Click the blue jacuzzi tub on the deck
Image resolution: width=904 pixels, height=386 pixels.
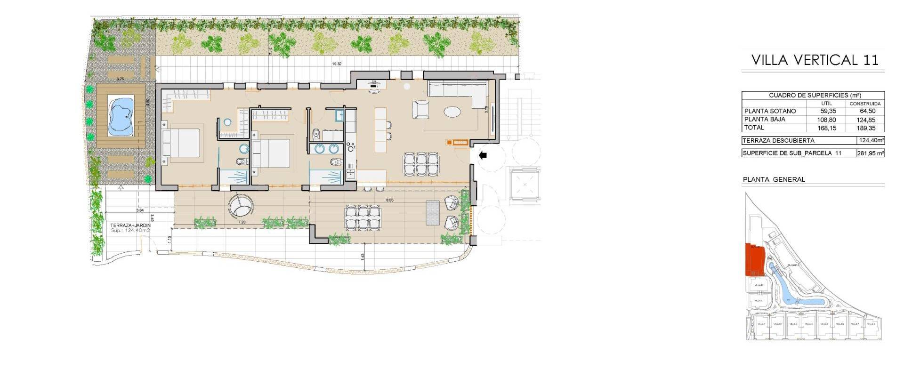[x=121, y=116]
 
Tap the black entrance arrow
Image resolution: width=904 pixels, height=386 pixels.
[x=483, y=155]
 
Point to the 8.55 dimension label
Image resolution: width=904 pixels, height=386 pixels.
[x=389, y=200]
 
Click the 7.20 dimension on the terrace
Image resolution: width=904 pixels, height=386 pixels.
[x=242, y=222]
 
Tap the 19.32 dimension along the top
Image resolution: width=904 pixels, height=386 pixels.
[x=337, y=64]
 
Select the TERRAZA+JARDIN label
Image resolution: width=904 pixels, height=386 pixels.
[x=130, y=225]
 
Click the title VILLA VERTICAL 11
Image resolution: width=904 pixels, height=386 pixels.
[x=815, y=60]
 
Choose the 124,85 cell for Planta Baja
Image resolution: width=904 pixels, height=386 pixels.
[x=866, y=120]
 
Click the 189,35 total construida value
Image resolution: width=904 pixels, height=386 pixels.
[x=866, y=128]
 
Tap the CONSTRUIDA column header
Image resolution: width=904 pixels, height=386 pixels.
[x=865, y=104]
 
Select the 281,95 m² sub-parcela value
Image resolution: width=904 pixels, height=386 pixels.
[x=871, y=153]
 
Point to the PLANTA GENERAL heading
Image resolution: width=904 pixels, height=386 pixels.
[x=774, y=180]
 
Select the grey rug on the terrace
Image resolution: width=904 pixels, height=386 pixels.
[x=432, y=213]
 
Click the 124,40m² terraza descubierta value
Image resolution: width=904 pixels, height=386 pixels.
[x=871, y=141]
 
